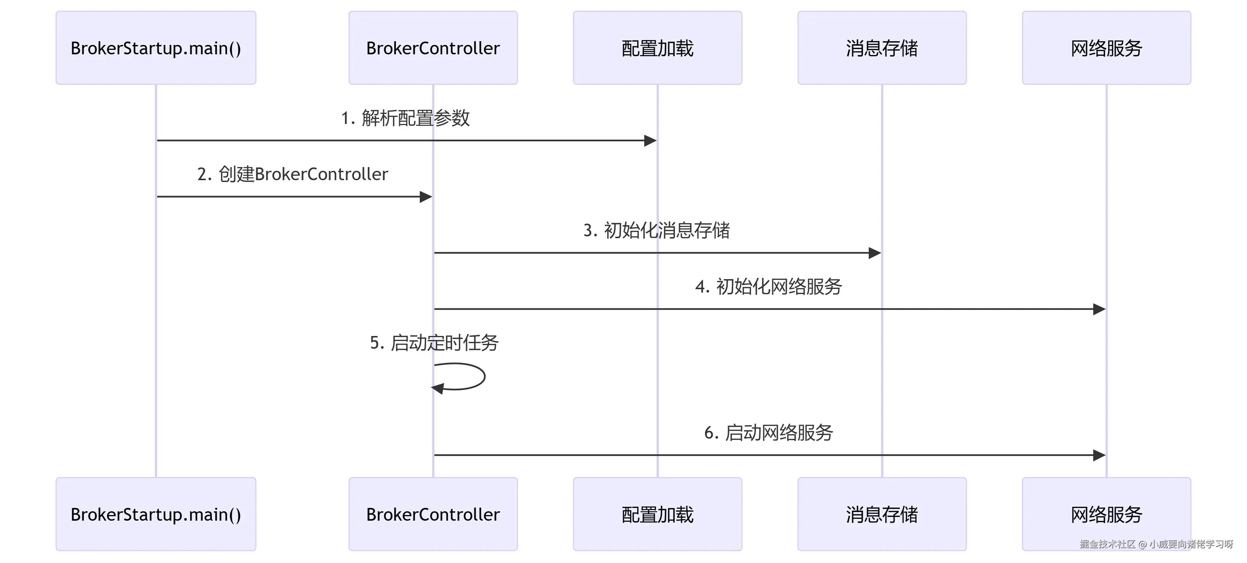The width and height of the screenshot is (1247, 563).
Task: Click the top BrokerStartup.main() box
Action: point(156,48)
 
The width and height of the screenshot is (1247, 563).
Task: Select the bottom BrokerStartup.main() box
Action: point(156,514)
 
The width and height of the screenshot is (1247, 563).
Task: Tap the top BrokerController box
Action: point(433,48)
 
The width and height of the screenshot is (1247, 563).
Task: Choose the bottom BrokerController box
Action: point(433,514)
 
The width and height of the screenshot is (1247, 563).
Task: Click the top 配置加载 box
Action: point(657,48)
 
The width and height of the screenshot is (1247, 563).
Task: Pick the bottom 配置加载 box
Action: point(657,514)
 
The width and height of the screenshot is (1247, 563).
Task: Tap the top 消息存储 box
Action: point(881,48)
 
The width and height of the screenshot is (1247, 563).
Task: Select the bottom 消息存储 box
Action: point(881,514)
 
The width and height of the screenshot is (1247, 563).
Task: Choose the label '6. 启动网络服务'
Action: point(769,433)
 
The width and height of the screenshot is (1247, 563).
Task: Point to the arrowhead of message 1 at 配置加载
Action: point(650,140)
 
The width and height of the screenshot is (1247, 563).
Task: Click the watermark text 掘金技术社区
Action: point(1107,544)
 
